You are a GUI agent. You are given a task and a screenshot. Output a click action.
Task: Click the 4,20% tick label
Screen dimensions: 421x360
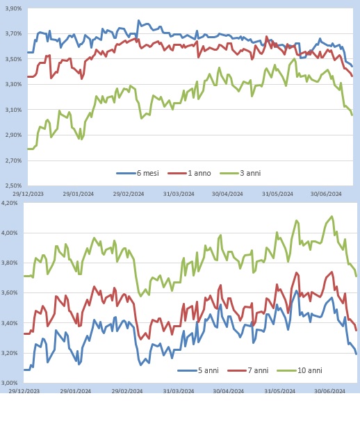[x=12, y=203]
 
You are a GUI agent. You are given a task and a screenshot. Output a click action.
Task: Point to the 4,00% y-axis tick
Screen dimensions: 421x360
[x=12, y=233]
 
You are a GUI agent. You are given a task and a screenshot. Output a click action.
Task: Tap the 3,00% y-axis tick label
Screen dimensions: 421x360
[x=12, y=383]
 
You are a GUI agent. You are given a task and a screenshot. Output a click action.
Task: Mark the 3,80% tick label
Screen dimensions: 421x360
[x=12, y=263]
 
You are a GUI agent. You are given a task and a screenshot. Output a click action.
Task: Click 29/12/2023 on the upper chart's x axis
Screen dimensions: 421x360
[x=26, y=195]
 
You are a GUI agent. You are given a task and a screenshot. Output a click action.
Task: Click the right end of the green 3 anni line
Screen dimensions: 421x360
[x=352, y=115]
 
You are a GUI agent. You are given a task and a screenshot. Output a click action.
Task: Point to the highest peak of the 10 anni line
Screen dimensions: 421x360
[x=332, y=216]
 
